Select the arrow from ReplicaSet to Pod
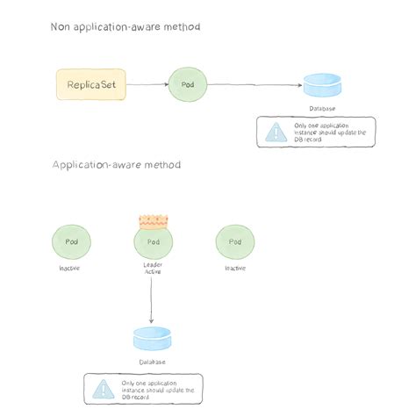pos(147,85)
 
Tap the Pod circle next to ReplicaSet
pos(187,85)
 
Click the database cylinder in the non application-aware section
pos(322,86)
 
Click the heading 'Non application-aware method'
pos(125,27)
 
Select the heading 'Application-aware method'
pos(116,165)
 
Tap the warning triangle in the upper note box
pos(276,132)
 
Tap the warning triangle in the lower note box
pos(104,388)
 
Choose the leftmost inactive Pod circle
pos(70,241)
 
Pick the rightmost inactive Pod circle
pos(235,241)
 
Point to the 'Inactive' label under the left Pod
pos(69,268)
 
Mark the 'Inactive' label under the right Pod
pos(235,268)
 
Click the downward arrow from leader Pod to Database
pos(153,298)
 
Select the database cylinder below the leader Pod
pos(152,338)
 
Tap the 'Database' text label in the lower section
pos(152,362)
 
